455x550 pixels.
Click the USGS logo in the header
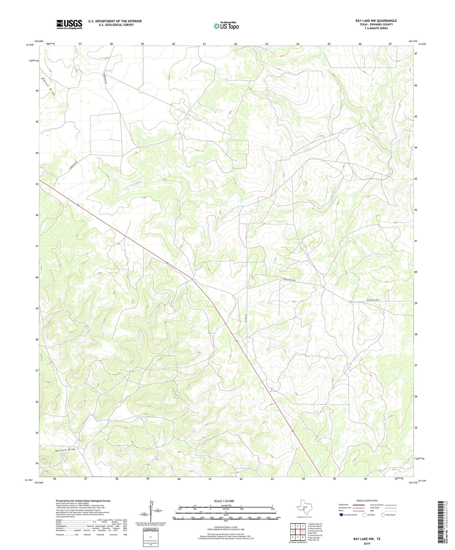[69, 24]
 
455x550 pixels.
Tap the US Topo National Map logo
[226, 26]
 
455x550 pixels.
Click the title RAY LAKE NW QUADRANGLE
[376, 21]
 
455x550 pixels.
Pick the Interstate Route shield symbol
[341, 514]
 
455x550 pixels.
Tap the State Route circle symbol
[383, 514]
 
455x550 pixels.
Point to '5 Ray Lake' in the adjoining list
[313, 533]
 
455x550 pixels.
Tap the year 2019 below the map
[367, 543]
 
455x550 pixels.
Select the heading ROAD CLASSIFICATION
[367, 501]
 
